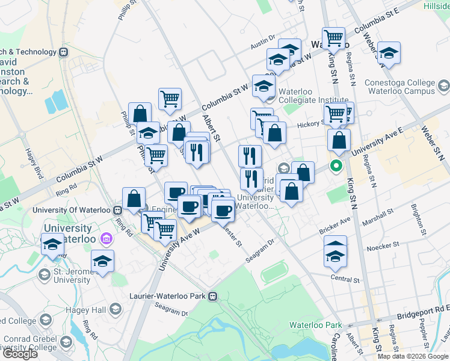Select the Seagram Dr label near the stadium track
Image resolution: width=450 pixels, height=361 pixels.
260,250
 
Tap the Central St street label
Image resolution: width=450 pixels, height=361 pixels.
345,280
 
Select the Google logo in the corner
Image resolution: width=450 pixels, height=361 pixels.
20,354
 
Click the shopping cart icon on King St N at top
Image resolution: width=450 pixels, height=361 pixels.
333,38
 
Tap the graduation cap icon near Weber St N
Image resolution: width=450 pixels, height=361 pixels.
389,53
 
